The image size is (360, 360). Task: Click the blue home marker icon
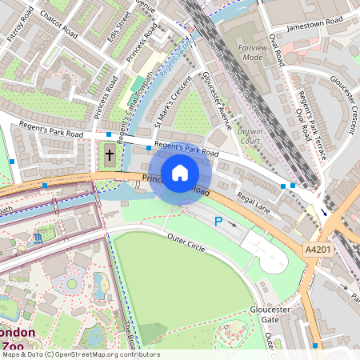coord(180,172)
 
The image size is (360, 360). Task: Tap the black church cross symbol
coord(110,154)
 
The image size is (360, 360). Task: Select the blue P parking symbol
coord(218,221)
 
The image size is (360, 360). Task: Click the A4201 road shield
coord(318,250)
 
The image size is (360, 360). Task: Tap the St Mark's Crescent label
coord(173,104)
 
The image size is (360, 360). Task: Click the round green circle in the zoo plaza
coord(73,284)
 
